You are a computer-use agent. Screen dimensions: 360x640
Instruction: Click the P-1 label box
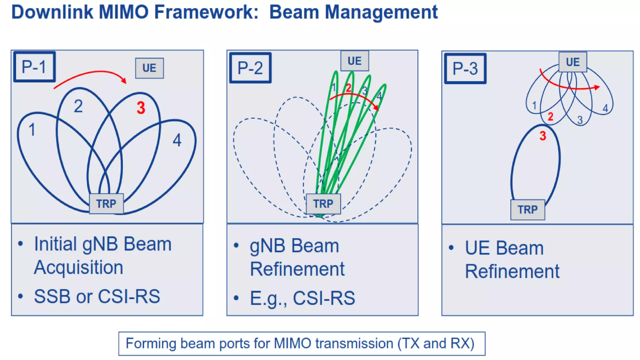34,67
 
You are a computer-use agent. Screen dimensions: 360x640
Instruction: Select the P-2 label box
250,68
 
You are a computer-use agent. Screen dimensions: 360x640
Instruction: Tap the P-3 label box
465,68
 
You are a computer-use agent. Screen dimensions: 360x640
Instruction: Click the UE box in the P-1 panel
149,68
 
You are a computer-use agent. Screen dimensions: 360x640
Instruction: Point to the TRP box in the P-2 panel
323,204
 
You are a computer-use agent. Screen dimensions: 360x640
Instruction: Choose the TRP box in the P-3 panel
527,210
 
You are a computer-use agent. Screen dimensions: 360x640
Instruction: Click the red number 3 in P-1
141,108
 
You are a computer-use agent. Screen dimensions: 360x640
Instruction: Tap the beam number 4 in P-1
177,140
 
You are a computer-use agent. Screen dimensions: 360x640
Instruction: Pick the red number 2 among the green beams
348,88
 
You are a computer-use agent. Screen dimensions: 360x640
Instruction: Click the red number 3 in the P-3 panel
543,136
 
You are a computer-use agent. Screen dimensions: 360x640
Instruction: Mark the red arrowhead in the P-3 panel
597,87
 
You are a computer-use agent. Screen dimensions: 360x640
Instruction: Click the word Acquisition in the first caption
78,268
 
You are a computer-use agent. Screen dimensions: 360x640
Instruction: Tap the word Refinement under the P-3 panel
512,271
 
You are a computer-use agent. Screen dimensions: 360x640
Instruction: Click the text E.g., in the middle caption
268,298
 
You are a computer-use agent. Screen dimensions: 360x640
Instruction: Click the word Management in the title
381,12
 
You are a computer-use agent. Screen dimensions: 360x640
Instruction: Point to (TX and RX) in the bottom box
436,343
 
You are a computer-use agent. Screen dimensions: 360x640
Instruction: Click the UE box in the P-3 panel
573,62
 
